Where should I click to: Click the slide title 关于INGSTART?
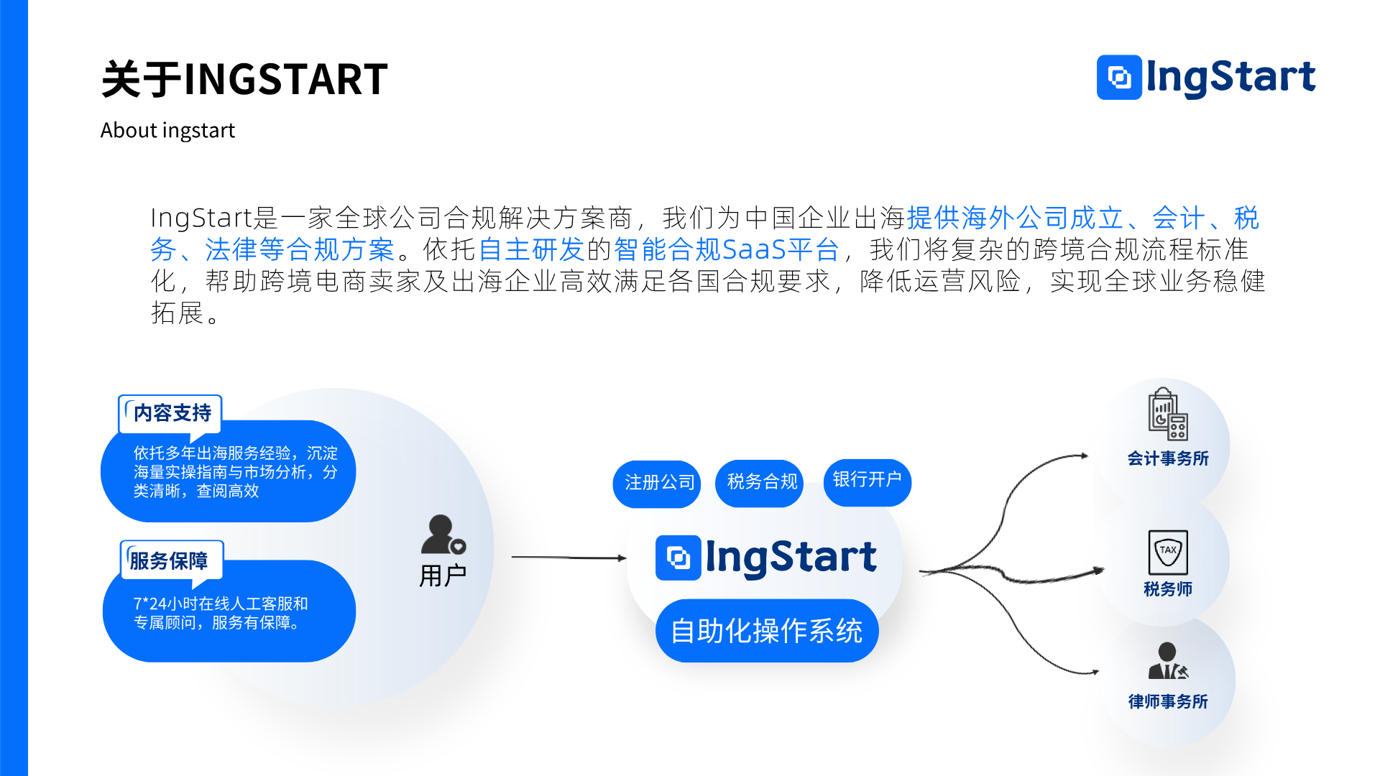[244, 79]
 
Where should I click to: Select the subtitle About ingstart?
[167, 130]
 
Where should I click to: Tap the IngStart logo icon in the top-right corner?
[1119, 77]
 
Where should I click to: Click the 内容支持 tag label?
[172, 413]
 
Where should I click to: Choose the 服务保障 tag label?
[169, 560]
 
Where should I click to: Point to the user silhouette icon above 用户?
[441, 535]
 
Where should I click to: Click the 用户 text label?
[443, 576]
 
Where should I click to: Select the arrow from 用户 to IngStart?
[568, 557]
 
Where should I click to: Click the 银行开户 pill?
[867, 480]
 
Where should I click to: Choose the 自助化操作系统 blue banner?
[766, 631]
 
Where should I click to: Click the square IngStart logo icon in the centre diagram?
[678, 558]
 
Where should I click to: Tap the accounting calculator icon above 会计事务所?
[1167, 415]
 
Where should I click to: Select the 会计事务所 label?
[1167, 458]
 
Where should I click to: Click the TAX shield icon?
[1167, 552]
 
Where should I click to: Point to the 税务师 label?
[1167, 589]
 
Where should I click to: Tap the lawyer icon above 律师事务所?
[1167, 661]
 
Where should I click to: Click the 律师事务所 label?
[1167, 701]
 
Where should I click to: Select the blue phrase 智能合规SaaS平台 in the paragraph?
[726, 249]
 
